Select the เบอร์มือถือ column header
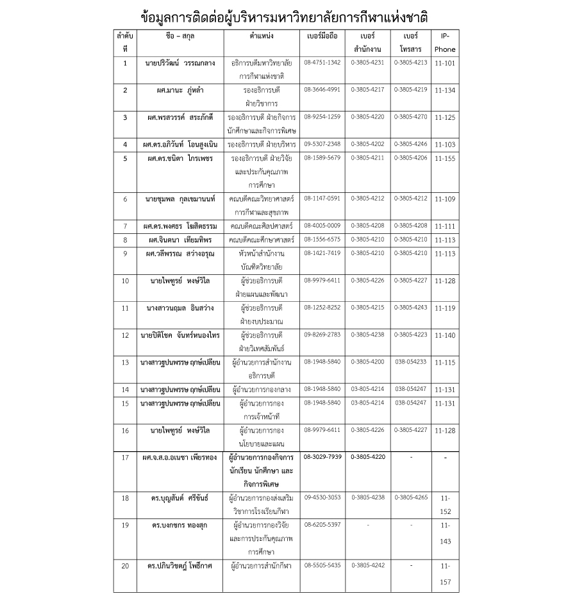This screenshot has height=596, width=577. click(x=322, y=37)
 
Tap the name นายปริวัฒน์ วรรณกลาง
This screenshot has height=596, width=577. click(x=180, y=63)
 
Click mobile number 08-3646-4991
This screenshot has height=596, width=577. click(x=322, y=90)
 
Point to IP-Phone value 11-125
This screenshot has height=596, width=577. click(x=444, y=119)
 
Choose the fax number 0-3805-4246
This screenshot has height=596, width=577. click(x=410, y=144)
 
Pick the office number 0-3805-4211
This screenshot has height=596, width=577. click(x=368, y=157)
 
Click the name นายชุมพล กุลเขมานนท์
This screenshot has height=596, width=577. click(x=180, y=199)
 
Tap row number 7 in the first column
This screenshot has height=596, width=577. click(x=125, y=226)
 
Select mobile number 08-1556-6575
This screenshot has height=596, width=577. click(x=322, y=240)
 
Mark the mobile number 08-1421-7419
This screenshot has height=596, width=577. click(x=322, y=253)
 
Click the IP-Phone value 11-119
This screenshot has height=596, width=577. click(x=444, y=308)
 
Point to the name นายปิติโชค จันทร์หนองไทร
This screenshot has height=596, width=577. click(x=180, y=335)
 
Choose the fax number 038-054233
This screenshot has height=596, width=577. click(x=410, y=361)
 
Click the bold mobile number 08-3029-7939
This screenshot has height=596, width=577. click(x=322, y=457)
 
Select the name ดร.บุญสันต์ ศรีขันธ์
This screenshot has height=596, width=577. click(x=180, y=497)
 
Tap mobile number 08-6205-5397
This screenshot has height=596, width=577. click(x=322, y=524)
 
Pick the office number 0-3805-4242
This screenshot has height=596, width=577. click(x=368, y=565)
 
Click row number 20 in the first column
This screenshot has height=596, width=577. click(x=125, y=566)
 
